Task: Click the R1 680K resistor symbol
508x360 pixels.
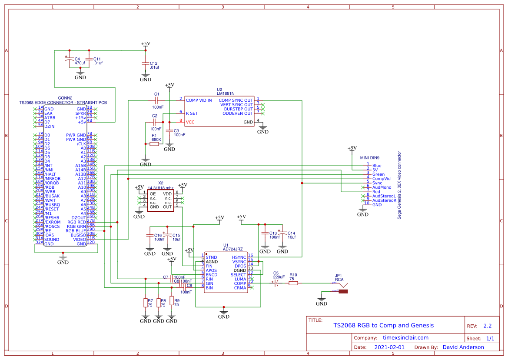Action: [x=154, y=143]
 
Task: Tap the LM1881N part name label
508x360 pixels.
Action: [x=226, y=93]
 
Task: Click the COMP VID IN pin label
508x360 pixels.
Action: [x=199, y=100]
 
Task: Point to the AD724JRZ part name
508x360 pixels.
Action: [x=232, y=250]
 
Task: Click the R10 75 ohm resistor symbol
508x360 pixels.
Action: [x=293, y=283]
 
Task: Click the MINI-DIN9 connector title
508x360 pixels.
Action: [x=370, y=158]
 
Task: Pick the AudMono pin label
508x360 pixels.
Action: [x=382, y=187]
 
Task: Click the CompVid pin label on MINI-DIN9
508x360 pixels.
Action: [x=381, y=179]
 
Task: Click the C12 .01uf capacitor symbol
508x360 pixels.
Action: [x=145, y=63]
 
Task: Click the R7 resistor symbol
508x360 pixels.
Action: [x=145, y=303]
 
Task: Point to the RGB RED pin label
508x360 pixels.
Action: [x=76, y=222]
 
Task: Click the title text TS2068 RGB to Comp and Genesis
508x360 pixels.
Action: [x=383, y=325]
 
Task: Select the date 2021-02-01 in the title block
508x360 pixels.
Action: [x=389, y=347]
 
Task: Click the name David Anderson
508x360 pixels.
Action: [x=463, y=347]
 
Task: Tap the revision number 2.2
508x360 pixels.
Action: [x=487, y=326]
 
